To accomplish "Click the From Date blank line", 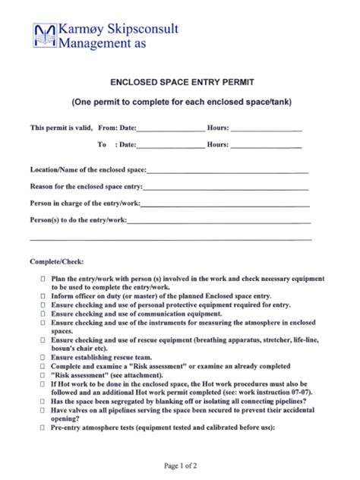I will tap(171, 130).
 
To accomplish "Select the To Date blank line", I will tap(171, 145).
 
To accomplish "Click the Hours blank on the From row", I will tap(266, 130).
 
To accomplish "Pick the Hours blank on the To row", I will tap(266, 145).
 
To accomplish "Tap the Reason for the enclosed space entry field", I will tap(226, 188).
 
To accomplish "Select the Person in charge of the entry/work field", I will tap(225, 204).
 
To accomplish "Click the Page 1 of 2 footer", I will tap(180, 464).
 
